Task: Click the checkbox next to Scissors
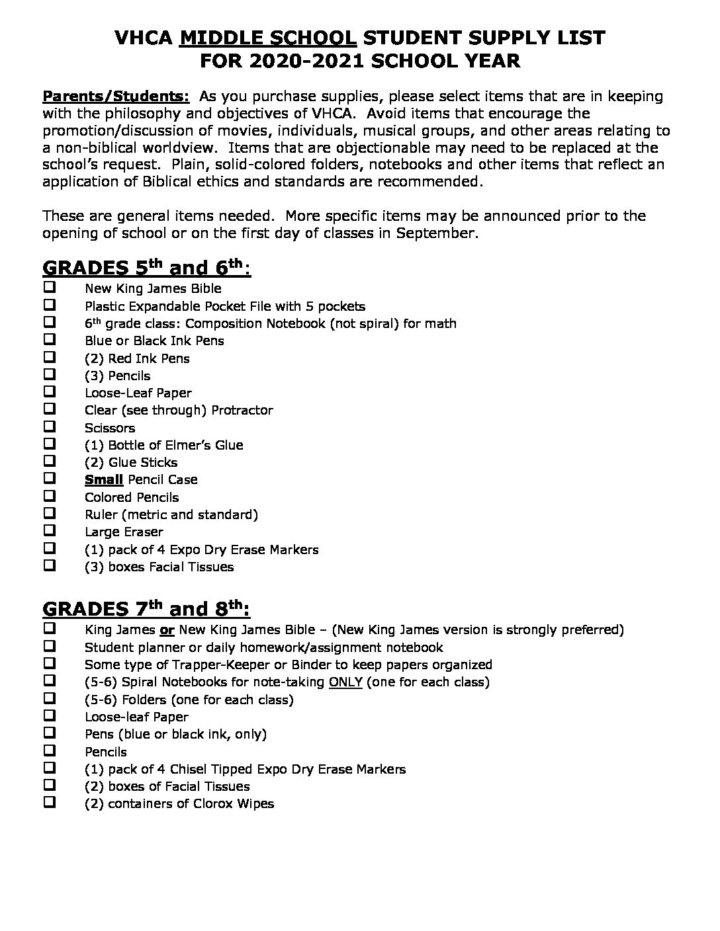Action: click(50, 426)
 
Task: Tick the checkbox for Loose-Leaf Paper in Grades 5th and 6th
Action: click(50, 391)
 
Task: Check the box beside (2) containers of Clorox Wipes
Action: click(50, 803)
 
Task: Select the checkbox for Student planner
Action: click(50, 646)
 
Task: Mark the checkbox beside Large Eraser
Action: click(50, 530)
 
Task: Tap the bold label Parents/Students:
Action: click(116, 96)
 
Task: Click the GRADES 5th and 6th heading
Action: click(146, 268)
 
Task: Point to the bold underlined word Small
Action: click(104, 479)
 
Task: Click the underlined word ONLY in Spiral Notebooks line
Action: click(345, 682)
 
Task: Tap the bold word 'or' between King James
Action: click(167, 629)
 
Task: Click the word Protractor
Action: click(242, 410)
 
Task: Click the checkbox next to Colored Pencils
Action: click(50, 496)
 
